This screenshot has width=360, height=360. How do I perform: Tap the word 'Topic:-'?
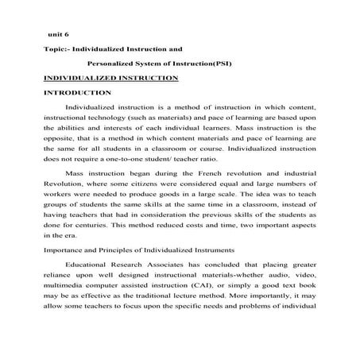57,50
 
